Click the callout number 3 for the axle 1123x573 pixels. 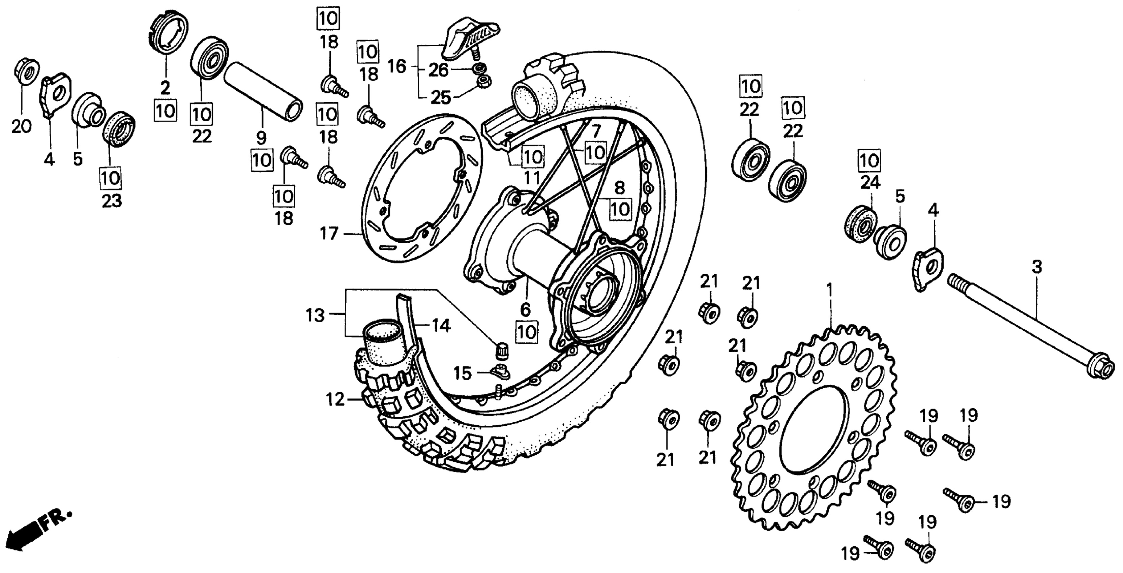tap(1036, 267)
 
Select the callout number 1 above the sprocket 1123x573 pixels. tap(830, 290)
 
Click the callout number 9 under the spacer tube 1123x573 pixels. tap(261, 138)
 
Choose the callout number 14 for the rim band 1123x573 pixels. tap(441, 326)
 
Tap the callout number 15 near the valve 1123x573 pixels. tap(463, 373)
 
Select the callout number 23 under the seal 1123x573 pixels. tap(112, 201)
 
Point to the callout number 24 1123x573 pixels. tap(870, 183)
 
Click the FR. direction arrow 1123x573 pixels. tap(39, 528)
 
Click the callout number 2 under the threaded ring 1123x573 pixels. tap(165, 88)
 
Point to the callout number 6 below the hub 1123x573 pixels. tap(525, 310)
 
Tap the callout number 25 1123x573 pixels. tap(441, 98)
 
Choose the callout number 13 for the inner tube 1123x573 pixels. tap(315, 315)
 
